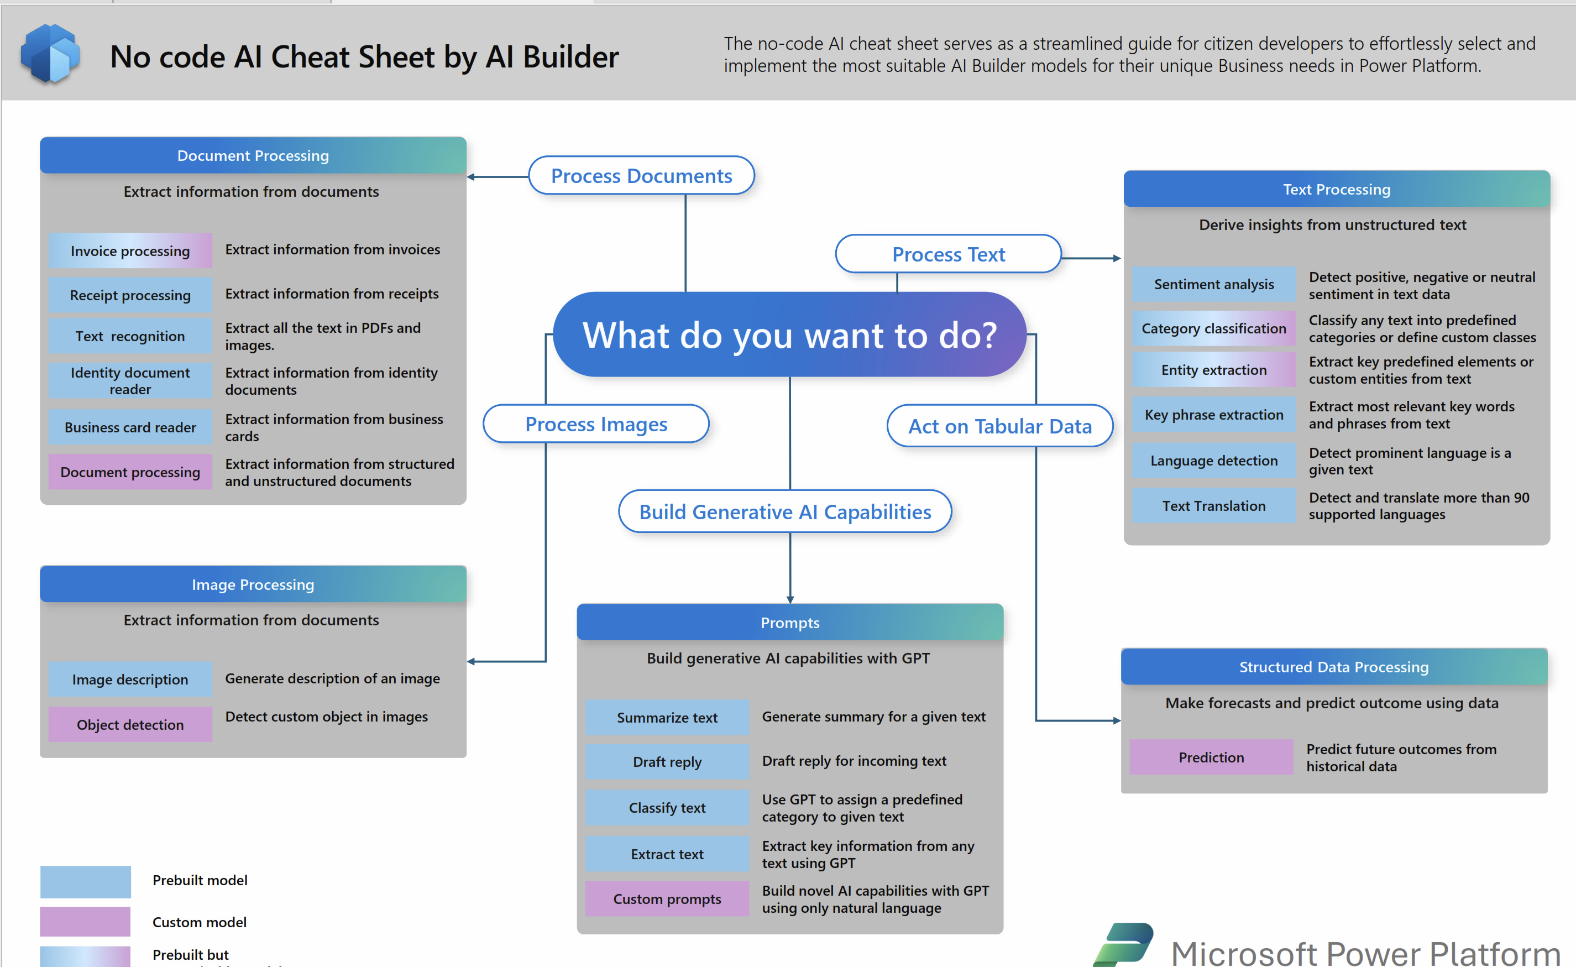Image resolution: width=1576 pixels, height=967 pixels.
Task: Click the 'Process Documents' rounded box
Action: pyautogui.click(x=642, y=175)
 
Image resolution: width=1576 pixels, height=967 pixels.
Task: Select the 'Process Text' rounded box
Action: pyautogui.click(x=949, y=254)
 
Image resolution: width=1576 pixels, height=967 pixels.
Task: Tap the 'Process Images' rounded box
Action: pyautogui.click(x=596, y=424)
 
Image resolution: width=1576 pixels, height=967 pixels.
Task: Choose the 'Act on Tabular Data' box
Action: pyautogui.click(x=999, y=425)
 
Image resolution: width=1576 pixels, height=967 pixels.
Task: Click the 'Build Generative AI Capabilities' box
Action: pyautogui.click(x=785, y=511)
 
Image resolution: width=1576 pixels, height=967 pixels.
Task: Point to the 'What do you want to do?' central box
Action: pyautogui.click(x=789, y=334)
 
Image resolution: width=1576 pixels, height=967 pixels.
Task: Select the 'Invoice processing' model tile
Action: pyautogui.click(x=130, y=250)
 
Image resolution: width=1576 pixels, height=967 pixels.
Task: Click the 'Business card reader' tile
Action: pyautogui.click(x=130, y=427)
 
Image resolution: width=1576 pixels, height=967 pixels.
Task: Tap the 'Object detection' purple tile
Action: pyautogui.click(x=130, y=724)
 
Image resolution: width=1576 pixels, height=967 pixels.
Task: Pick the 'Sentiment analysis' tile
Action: pyautogui.click(x=1214, y=284)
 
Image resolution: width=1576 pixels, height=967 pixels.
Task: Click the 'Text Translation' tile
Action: pyautogui.click(x=1214, y=506)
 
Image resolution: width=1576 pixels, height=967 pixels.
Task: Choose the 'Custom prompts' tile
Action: pyautogui.click(x=667, y=898)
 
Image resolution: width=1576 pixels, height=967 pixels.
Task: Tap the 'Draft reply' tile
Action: pyautogui.click(x=667, y=762)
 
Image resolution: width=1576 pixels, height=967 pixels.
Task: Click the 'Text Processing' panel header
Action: pyautogui.click(x=1337, y=189)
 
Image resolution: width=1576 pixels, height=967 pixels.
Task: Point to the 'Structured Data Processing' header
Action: pyautogui.click(x=1334, y=666)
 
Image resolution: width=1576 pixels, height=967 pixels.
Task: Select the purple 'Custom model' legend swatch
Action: pyautogui.click(x=85, y=922)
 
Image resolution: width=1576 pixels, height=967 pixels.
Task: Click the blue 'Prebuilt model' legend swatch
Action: pyautogui.click(x=85, y=881)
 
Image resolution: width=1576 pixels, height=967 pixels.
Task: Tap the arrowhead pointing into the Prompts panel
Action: pyautogui.click(x=790, y=599)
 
